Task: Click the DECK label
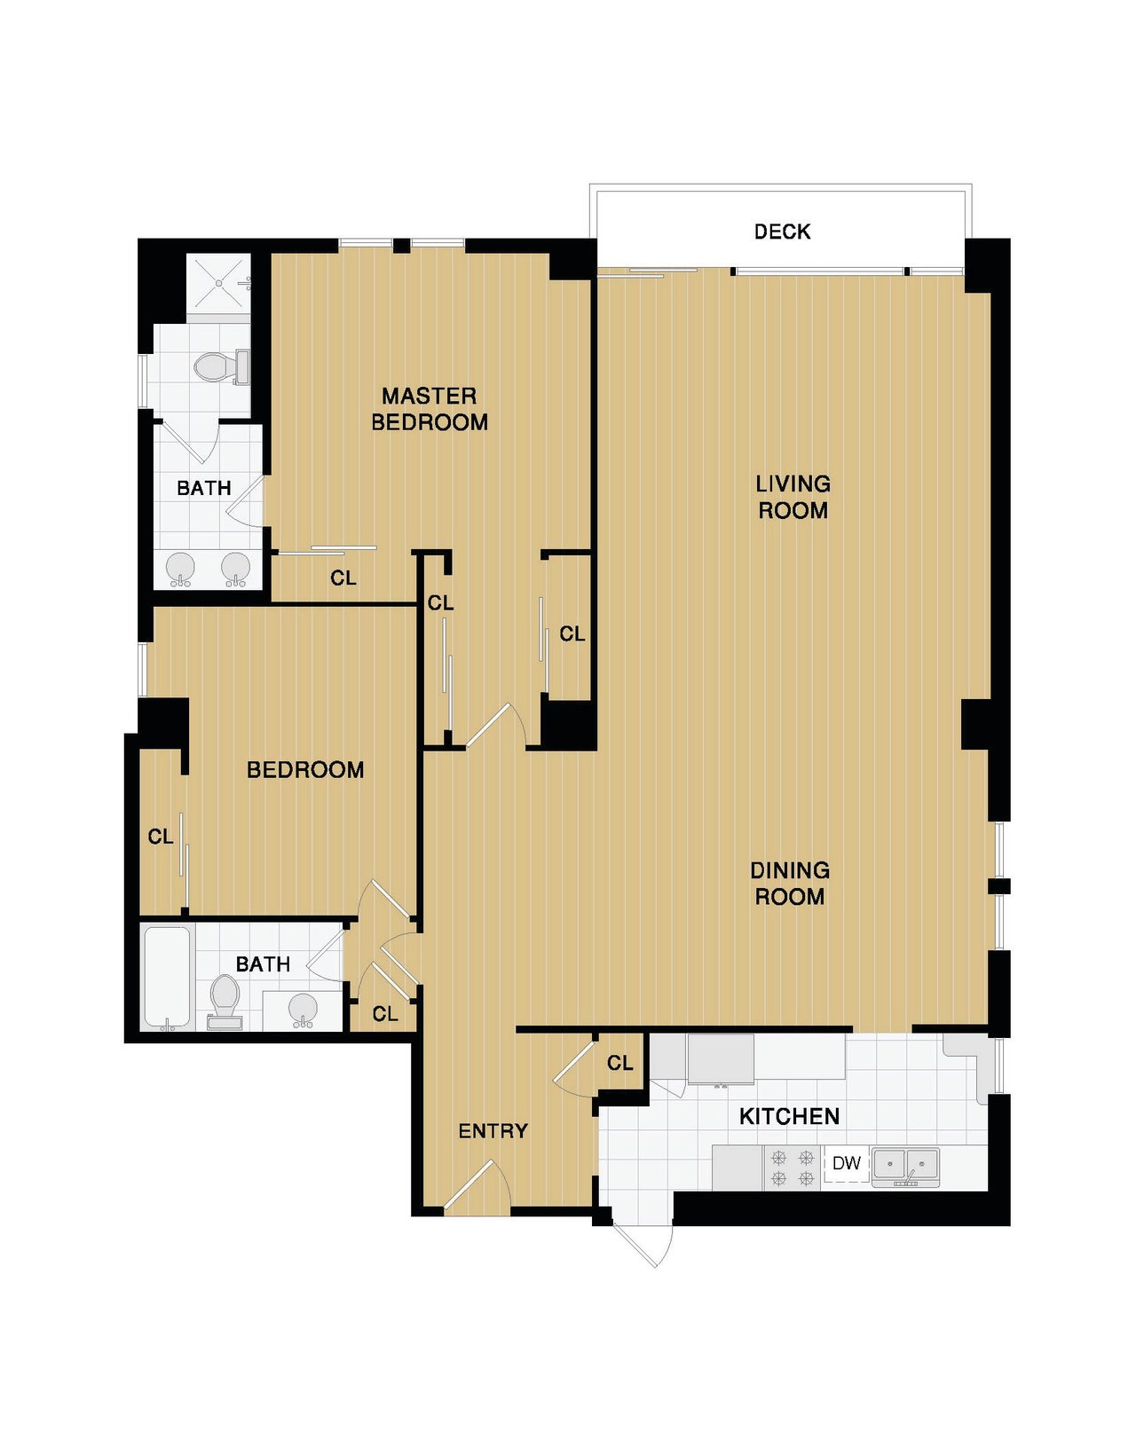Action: [782, 232]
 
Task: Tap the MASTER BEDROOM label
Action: [430, 409]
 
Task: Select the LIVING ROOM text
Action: [793, 497]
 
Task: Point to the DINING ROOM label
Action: [790, 883]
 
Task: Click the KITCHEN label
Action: [790, 1116]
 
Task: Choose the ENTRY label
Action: [493, 1130]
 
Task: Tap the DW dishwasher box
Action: [847, 1163]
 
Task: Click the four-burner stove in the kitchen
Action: [793, 1168]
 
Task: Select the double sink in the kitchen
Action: [905, 1168]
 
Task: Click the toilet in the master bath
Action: [222, 366]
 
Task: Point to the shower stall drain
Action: [219, 283]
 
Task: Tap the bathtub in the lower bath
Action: [168, 978]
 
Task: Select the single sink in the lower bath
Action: [303, 1010]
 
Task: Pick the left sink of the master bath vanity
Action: [180, 570]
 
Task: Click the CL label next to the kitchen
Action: [619, 1064]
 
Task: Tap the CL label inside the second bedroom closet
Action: [161, 837]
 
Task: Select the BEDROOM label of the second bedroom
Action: [305, 770]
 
